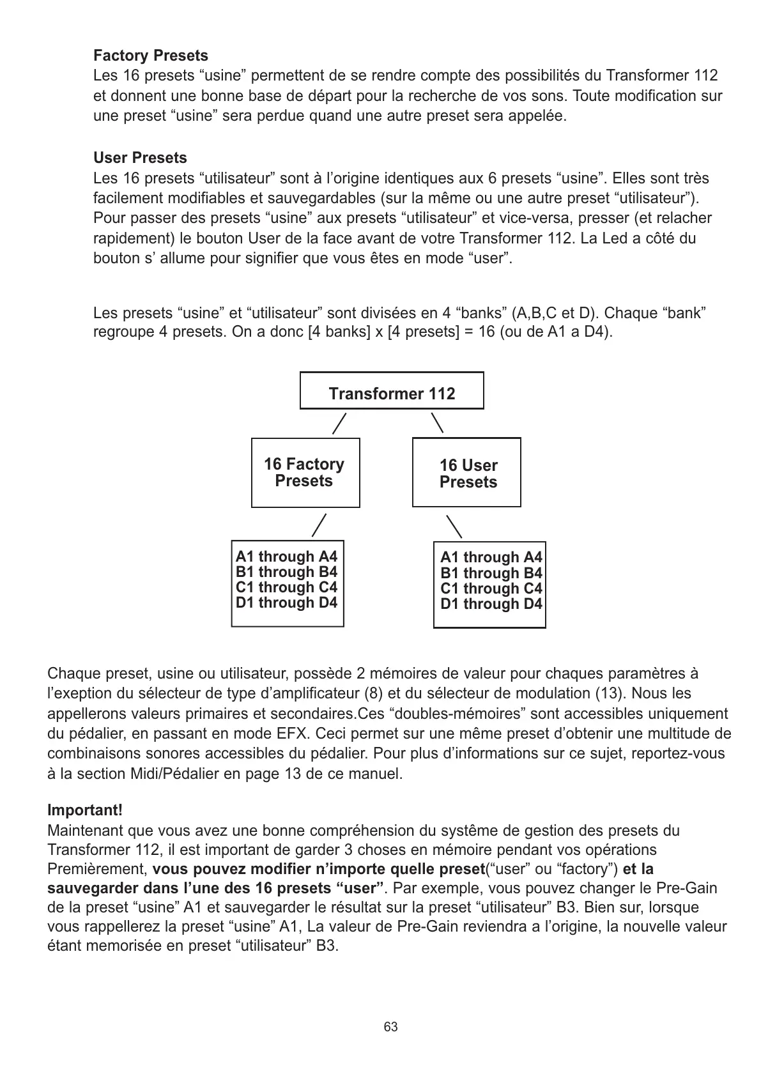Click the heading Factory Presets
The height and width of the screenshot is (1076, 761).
click(x=150, y=56)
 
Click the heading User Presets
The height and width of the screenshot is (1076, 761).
click(x=140, y=158)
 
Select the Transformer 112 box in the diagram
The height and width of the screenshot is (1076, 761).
click(x=392, y=390)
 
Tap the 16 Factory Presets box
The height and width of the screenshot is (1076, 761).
click(x=305, y=473)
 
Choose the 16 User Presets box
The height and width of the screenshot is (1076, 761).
click(x=467, y=473)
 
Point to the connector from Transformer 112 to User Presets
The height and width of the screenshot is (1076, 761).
click(x=438, y=422)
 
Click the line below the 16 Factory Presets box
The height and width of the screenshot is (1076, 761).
click(x=319, y=525)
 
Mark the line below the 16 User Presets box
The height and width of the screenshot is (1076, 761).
click(x=454, y=526)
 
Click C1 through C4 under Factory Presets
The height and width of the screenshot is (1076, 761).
click(x=286, y=587)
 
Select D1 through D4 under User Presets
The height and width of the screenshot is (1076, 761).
click(x=491, y=604)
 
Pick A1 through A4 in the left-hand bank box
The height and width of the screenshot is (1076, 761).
click(x=286, y=557)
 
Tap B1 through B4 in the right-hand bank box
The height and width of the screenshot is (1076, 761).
click(x=491, y=573)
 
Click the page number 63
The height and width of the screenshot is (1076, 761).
click(x=390, y=1027)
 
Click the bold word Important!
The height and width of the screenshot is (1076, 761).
click(x=85, y=810)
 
